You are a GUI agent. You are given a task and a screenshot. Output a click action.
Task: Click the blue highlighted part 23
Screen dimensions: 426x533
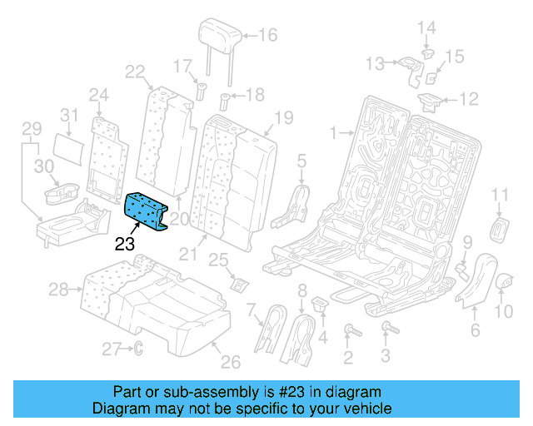coord(147,210)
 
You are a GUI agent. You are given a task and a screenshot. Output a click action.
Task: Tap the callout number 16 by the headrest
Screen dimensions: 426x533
coord(268,35)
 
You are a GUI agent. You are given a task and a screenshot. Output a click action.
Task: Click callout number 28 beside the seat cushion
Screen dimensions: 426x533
coord(57,290)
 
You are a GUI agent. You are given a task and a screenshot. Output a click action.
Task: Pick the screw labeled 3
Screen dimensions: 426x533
coord(386,330)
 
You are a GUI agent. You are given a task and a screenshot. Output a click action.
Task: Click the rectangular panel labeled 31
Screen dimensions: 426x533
coord(72,145)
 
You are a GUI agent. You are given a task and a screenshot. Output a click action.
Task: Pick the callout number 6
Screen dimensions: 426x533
coord(476,331)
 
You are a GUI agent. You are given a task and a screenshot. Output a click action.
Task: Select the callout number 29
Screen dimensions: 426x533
coord(31,129)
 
